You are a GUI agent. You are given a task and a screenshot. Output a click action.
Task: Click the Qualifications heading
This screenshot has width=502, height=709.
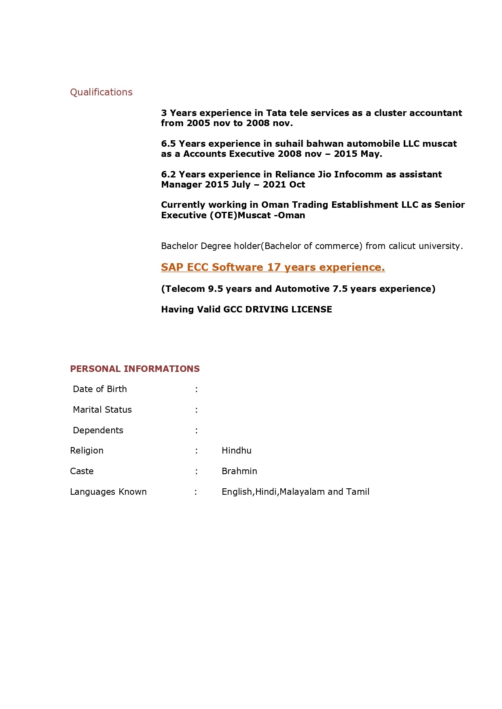[101, 92]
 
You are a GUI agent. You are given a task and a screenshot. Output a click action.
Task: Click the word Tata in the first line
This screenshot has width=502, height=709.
[276, 113]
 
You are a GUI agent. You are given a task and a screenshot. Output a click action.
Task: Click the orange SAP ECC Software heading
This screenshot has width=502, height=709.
[273, 268]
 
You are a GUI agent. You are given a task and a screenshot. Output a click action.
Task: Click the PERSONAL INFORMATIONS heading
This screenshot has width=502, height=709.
[135, 369]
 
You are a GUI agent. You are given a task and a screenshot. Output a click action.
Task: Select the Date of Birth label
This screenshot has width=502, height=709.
[100, 389]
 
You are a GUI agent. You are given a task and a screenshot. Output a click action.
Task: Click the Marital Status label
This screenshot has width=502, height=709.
[102, 410]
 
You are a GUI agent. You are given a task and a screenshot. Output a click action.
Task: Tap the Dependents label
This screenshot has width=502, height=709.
[98, 430]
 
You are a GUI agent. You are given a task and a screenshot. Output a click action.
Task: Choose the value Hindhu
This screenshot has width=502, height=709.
[237, 451]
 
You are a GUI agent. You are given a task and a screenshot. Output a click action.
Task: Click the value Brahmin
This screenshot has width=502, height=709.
[239, 471]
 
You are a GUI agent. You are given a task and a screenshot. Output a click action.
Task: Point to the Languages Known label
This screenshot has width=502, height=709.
[108, 492]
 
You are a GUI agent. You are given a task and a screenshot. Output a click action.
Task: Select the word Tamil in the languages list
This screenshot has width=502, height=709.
[358, 492]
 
